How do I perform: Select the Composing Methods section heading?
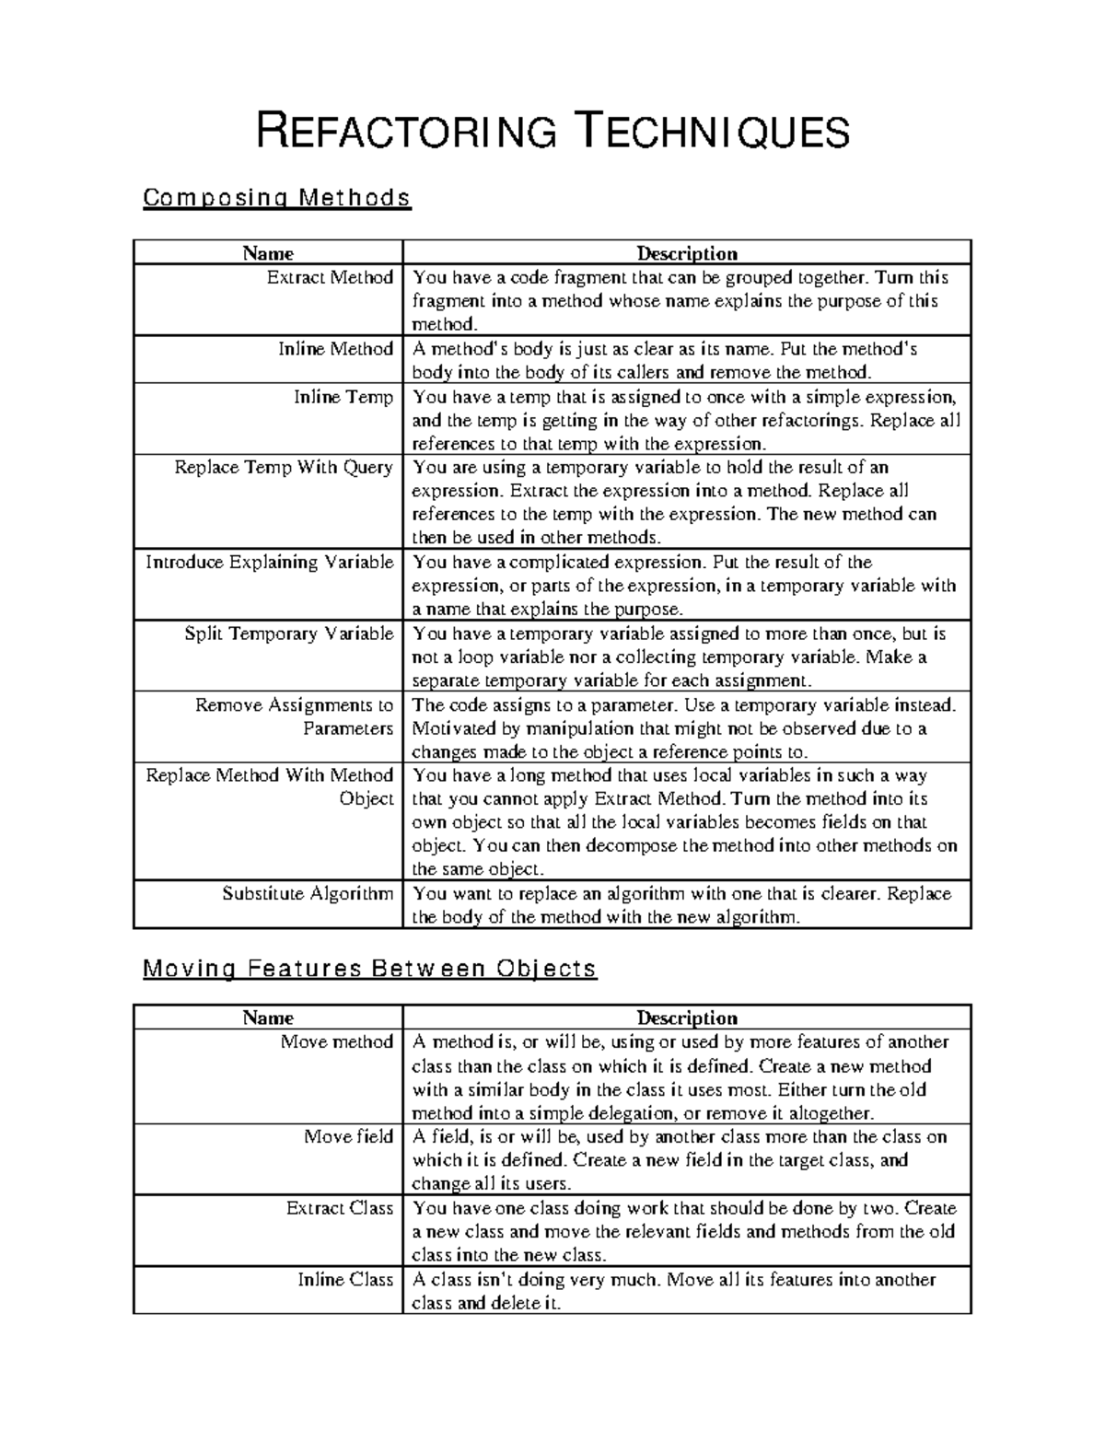[x=276, y=198]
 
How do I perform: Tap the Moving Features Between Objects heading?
[x=370, y=969]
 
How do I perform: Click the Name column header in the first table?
[x=268, y=253]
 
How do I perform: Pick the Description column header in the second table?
[x=687, y=1017]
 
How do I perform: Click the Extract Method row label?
[x=330, y=277]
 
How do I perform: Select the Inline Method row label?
[x=335, y=349]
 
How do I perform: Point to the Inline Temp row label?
[x=343, y=397]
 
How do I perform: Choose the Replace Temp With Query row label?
[x=284, y=468]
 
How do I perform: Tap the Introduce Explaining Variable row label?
[x=269, y=563]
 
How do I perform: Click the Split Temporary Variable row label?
[x=288, y=634]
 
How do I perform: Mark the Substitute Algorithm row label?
[x=308, y=893]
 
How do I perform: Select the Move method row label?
[x=336, y=1041]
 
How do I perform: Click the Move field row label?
[x=348, y=1136]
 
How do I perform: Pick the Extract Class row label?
[x=339, y=1208]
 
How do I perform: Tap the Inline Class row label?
[x=344, y=1279]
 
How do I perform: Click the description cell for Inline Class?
[x=686, y=1291]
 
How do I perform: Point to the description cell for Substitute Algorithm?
[x=686, y=905]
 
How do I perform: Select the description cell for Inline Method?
[x=686, y=360]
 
